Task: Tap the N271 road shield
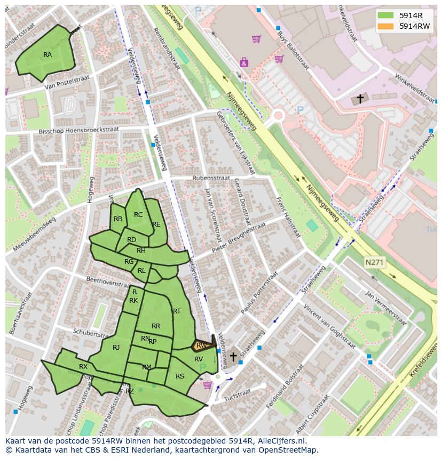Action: coord(375,262)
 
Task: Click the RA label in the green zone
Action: coord(48,55)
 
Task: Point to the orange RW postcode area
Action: coord(201,345)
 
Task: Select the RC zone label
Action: coord(138,215)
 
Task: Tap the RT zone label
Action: coord(177,311)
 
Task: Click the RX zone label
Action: coord(83,367)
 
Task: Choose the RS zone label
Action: coord(180,376)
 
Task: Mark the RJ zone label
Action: coord(116,348)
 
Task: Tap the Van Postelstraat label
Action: coord(66,84)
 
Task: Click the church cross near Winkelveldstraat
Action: coord(360,99)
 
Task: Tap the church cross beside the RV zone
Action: coord(233,356)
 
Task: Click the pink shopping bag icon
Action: coord(244,62)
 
